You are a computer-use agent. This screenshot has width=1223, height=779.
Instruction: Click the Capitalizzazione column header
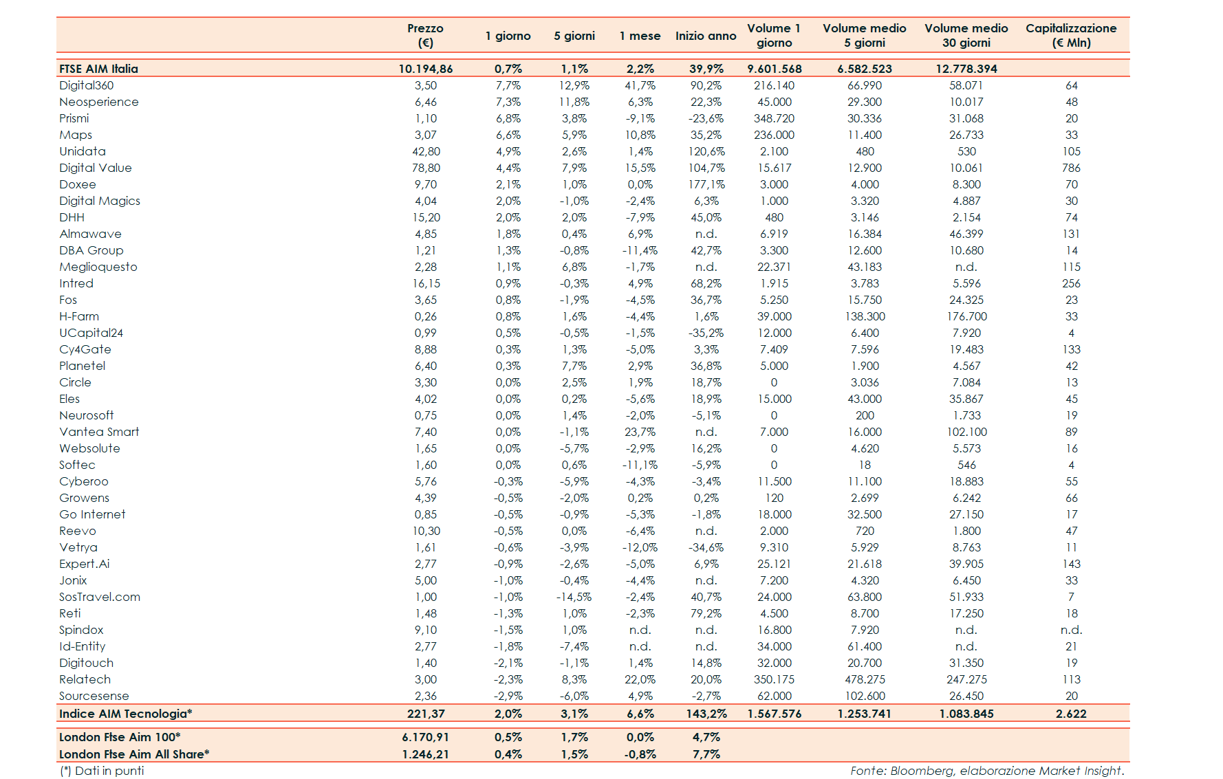coord(1071,35)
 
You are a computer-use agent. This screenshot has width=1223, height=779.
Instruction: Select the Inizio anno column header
coord(706,36)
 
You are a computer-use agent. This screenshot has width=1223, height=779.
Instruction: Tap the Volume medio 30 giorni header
coord(966,35)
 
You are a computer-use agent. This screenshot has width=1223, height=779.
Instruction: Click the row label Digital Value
coord(96,168)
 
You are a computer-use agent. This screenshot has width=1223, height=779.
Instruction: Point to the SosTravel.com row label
coord(100,597)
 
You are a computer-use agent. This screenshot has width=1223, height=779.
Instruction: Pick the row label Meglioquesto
coord(98,267)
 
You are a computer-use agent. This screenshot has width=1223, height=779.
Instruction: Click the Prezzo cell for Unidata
coord(426,151)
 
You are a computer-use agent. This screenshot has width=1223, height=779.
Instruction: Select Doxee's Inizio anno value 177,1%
coord(706,184)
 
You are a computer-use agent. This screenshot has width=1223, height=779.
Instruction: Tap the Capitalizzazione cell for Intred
coord(1071,283)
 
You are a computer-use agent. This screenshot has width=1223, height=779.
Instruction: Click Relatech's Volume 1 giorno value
coord(774,679)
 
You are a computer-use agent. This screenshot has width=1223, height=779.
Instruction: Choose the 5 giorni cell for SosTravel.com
coord(574,597)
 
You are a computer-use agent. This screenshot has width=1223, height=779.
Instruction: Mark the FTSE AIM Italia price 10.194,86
coord(426,69)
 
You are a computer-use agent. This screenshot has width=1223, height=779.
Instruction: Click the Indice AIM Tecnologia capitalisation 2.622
coord(1071,714)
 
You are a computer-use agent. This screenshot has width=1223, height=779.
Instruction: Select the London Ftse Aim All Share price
coord(426,754)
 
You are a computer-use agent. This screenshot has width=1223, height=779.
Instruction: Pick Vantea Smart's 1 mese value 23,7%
coord(640,432)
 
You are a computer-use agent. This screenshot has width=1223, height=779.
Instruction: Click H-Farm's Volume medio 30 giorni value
coord(966,316)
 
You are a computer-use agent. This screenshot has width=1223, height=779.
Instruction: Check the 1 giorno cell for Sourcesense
coord(508,696)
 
